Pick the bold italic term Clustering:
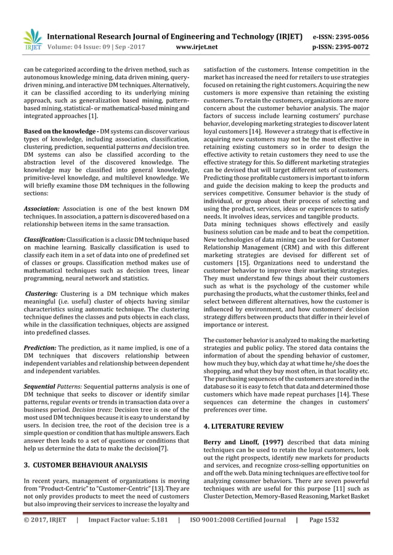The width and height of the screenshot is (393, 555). pyautogui.click(x=41, y=295)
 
